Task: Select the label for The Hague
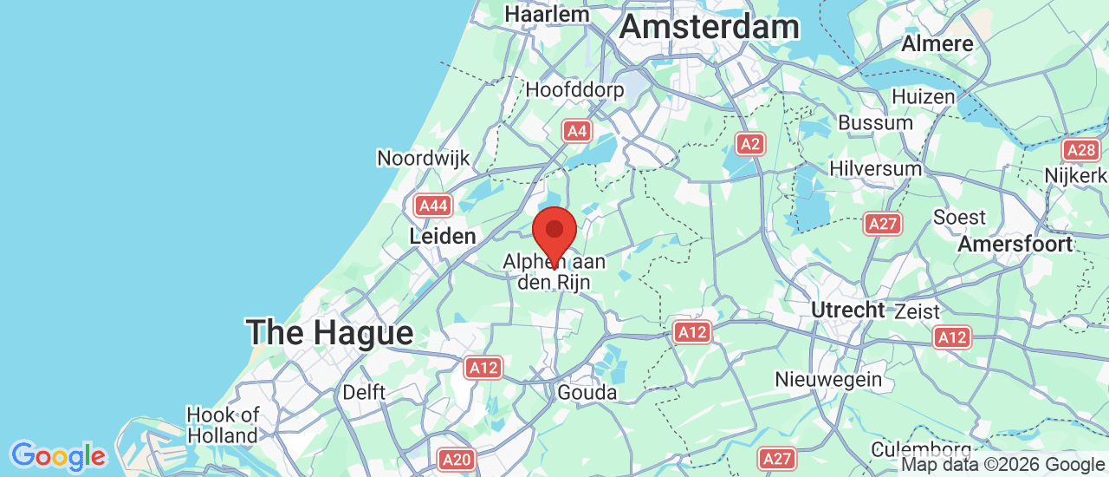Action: [x=329, y=332]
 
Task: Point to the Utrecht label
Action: [x=847, y=310]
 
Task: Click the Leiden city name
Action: [x=443, y=236]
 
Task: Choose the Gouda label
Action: [x=587, y=393]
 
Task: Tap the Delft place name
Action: [x=364, y=392]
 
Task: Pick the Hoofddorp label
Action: [x=574, y=90]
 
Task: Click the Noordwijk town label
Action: [x=423, y=158]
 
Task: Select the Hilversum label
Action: [x=875, y=168]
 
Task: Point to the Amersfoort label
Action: [x=1015, y=245]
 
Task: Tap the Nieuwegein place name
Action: [x=828, y=379]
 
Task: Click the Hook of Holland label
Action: [x=223, y=425]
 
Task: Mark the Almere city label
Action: [x=937, y=43]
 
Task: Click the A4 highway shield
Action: [x=577, y=131]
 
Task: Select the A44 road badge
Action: [x=433, y=206]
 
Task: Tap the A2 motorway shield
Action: [x=749, y=144]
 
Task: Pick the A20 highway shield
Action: [x=456, y=459]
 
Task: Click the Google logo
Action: [x=58, y=455]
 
